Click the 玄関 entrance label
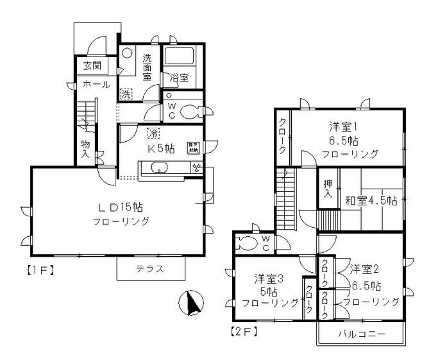[x=87, y=65]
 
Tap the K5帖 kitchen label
[x=161, y=149]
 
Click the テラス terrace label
[x=150, y=269]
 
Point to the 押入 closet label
[x=326, y=189]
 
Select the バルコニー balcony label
[x=360, y=334]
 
